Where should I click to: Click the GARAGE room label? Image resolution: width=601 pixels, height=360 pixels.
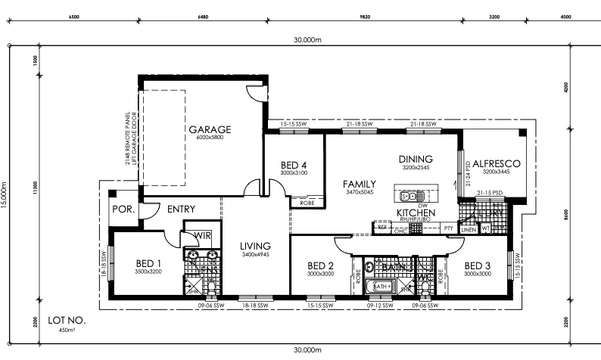[x=210, y=129]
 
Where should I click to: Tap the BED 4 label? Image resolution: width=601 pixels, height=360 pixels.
[x=293, y=165]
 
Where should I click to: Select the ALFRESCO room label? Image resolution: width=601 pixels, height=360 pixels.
[x=495, y=163]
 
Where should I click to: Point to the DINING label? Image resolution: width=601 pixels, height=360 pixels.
[x=415, y=159]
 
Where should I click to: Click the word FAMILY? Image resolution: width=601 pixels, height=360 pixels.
[x=359, y=184]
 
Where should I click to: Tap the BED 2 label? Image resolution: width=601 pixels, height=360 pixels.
[x=321, y=265]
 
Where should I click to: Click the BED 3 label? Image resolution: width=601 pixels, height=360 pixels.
[x=478, y=265]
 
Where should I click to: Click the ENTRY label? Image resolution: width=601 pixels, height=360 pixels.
[x=181, y=209]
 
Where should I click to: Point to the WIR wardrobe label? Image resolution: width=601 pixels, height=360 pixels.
[x=201, y=235]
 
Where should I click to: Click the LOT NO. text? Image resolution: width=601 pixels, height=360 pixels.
[x=67, y=320]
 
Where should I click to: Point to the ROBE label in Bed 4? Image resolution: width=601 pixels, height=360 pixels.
[x=307, y=203]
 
